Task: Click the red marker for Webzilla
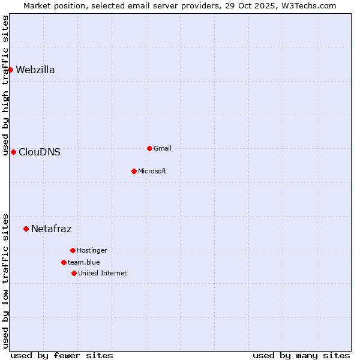(10, 70)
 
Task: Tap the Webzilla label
(35, 70)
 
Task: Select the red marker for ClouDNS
(13, 152)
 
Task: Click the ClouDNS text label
(40, 152)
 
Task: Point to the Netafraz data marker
(26, 229)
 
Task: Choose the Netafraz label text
(51, 229)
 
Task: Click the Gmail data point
(149, 148)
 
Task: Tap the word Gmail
(163, 149)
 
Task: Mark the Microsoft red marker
(134, 171)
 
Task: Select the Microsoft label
(152, 172)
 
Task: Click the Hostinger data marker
(73, 250)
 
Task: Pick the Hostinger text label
(92, 251)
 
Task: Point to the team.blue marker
(64, 262)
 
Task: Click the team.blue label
(84, 263)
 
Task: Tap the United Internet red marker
(74, 273)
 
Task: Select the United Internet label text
(103, 274)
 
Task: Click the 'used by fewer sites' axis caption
(62, 356)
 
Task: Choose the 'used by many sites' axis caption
(301, 356)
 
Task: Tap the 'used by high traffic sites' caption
(6, 85)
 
